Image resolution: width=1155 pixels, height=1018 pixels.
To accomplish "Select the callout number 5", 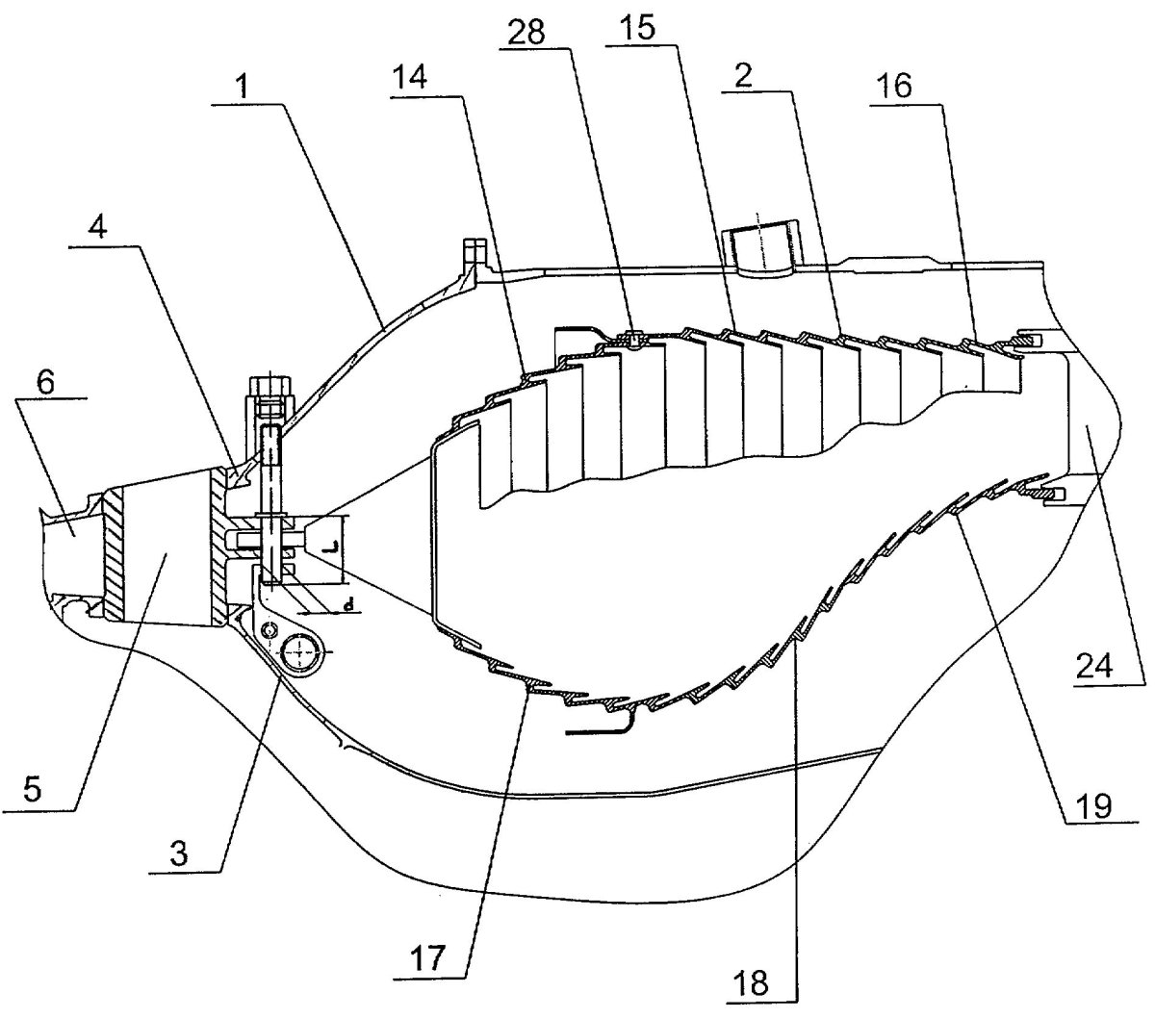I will (31, 791).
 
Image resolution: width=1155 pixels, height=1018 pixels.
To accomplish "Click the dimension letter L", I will (330, 546).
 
